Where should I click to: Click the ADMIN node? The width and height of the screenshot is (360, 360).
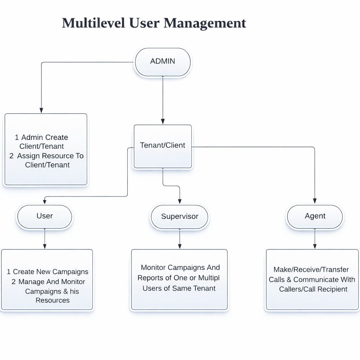(x=162, y=62)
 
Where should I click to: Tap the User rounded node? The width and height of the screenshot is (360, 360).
(x=45, y=216)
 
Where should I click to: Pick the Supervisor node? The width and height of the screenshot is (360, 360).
(x=180, y=217)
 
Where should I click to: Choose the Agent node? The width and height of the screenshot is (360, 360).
(x=315, y=216)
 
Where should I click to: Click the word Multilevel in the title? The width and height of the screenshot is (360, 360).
(x=93, y=23)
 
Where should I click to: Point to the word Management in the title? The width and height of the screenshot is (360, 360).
(x=205, y=23)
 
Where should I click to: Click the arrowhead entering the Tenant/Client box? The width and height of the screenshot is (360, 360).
(x=163, y=121)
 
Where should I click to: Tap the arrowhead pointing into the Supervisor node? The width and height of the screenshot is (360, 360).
(x=180, y=201)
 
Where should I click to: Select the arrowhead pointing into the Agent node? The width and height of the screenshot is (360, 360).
(x=315, y=201)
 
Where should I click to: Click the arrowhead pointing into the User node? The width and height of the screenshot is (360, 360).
(x=45, y=201)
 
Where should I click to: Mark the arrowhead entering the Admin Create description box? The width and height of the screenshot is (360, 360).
(x=41, y=110)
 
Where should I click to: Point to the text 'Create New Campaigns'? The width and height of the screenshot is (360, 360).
(x=51, y=272)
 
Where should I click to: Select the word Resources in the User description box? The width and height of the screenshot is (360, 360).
(x=52, y=300)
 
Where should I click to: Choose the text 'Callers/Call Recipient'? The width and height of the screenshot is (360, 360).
(x=313, y=289)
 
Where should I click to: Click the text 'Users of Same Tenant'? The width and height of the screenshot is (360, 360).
(x=179, y=288)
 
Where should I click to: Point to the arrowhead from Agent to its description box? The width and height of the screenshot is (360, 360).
(x=315, y=246)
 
